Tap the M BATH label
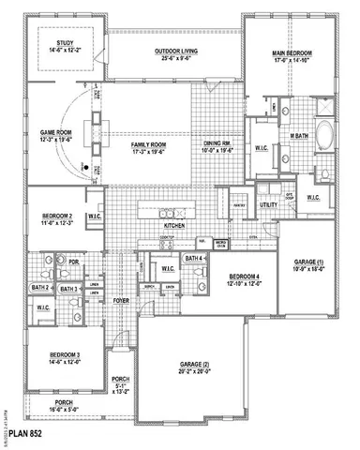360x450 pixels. click(299, 136)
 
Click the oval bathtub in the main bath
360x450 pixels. click(325, 138)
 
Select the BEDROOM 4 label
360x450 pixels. click(247, 278)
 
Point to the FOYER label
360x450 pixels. click(122, 300)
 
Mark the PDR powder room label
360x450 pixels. click(74, 262)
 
